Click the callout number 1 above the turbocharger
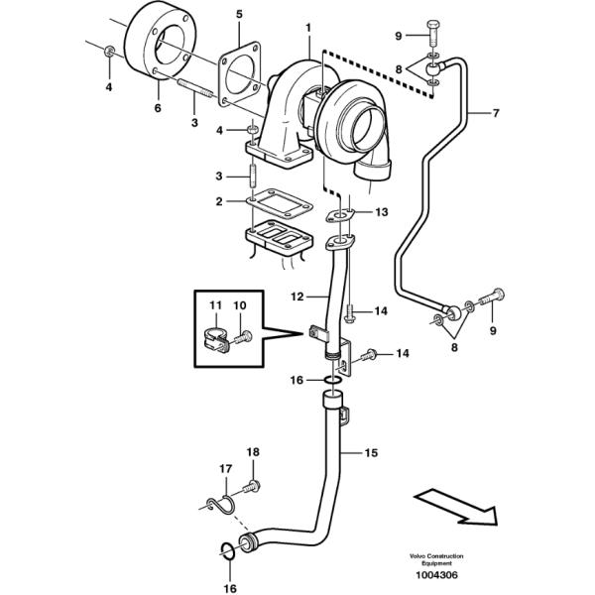tap(308, 28)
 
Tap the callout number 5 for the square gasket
tap(239, 15)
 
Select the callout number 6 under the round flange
tap(158, 108)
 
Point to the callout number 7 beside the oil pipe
tap(496, 113)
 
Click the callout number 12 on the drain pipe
tap(297, 297)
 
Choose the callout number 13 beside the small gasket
tap(382, 212)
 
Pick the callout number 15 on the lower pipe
tap(371, 453)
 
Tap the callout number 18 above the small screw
tap(253, 452)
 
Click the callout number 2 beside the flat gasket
tap(219, 201)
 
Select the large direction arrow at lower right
tap(455, 508)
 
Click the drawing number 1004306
tap(436, 575)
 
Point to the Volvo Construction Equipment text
tap(436, 559)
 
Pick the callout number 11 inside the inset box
tap(215, 305)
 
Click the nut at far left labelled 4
tap(110, 51)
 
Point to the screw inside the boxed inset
tap(243, 336)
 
